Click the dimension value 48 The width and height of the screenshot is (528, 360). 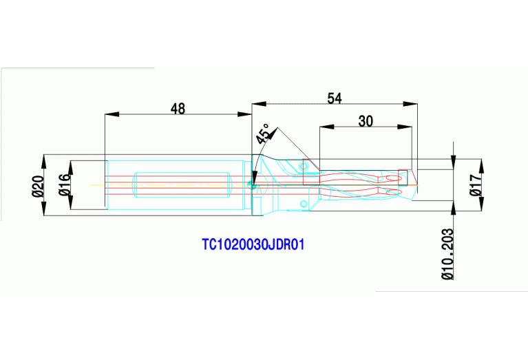[x=178, y=108]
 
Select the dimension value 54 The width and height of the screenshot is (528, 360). [x=335, y=98]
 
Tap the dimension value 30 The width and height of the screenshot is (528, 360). [x=366, y=121]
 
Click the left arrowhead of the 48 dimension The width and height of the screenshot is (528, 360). [x=108, y=114]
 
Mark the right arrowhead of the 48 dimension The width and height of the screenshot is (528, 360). [x=247, y=114]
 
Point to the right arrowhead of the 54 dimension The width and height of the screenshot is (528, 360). [x=413, y=105]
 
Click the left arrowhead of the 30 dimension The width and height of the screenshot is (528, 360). [x=324, y=127]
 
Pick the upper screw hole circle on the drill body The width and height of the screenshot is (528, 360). [x=302, y=165]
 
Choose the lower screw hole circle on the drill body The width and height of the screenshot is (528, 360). [x=302, y=203]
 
